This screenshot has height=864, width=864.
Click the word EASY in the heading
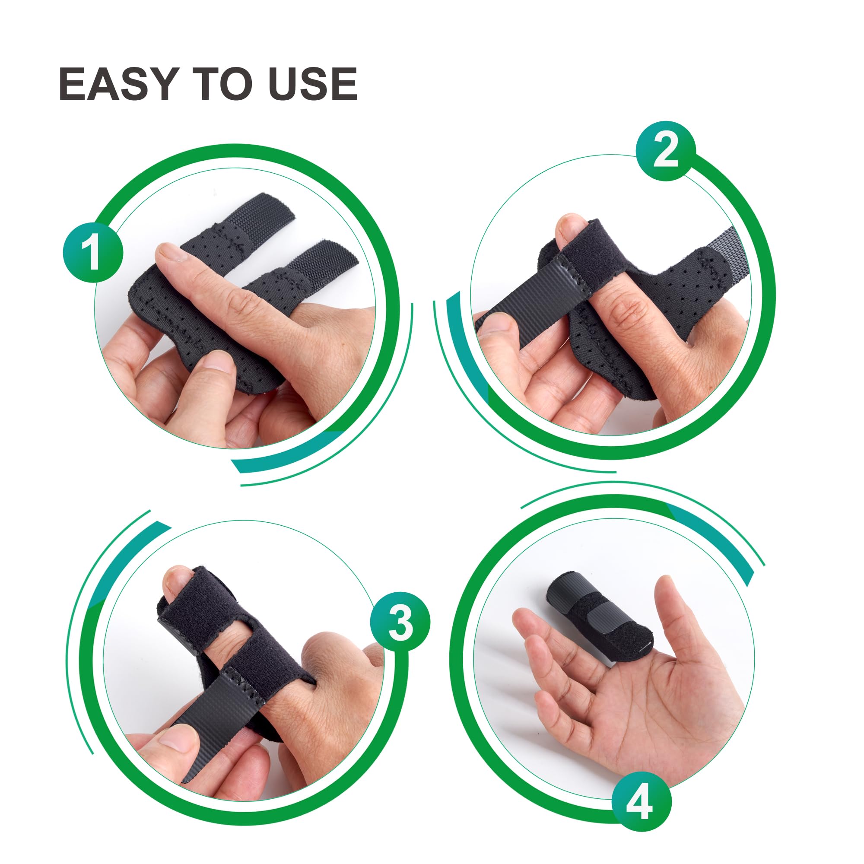116,84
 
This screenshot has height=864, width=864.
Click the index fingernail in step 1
172,254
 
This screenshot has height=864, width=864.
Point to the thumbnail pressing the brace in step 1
218,360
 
